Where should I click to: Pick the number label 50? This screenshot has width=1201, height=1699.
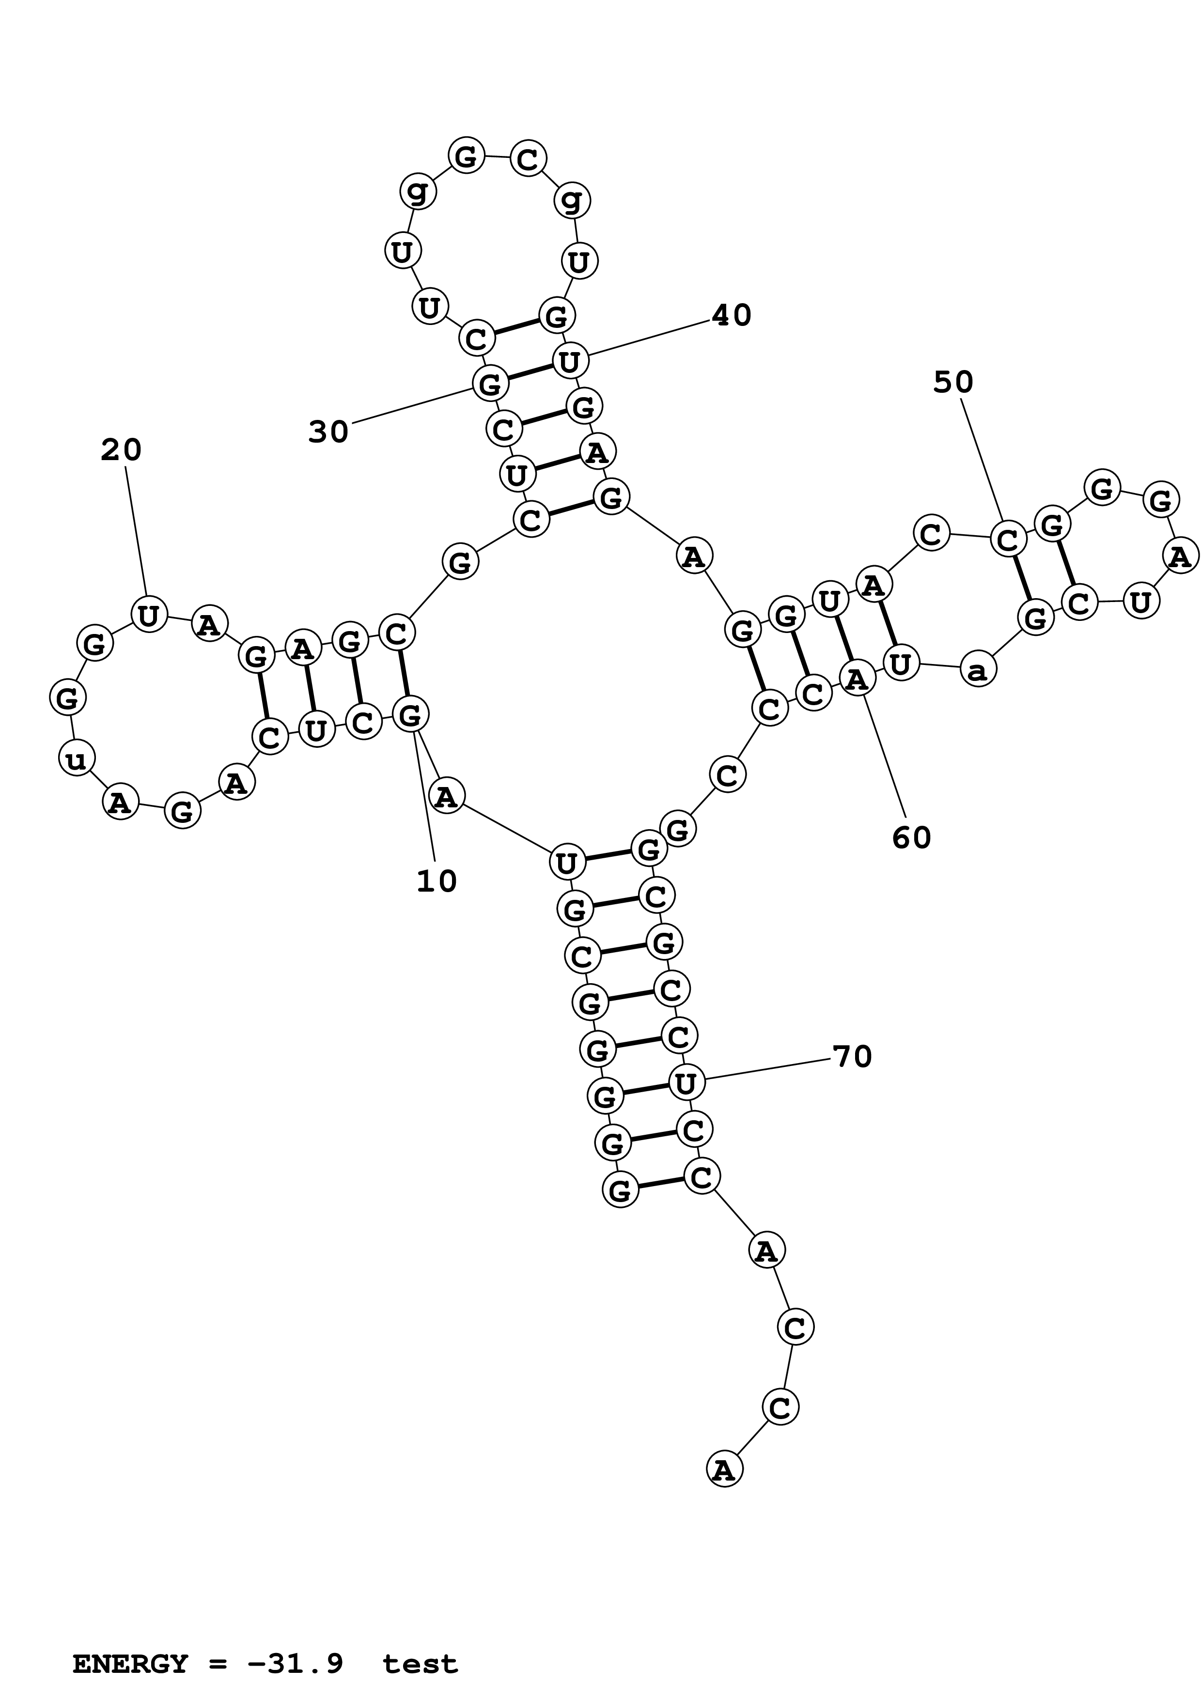click(x=953, y=382)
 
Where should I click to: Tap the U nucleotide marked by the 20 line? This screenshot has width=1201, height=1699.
click(x=149, y=614)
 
